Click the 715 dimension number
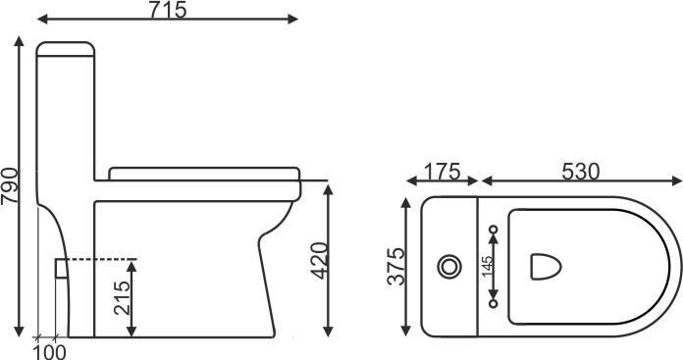168,10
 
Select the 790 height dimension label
10,185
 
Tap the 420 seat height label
319,260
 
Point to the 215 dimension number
122,298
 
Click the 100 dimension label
50,352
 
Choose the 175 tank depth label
443,172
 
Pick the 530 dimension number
581,172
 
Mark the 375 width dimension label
395,267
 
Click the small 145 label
489,267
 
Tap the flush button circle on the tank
449,267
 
